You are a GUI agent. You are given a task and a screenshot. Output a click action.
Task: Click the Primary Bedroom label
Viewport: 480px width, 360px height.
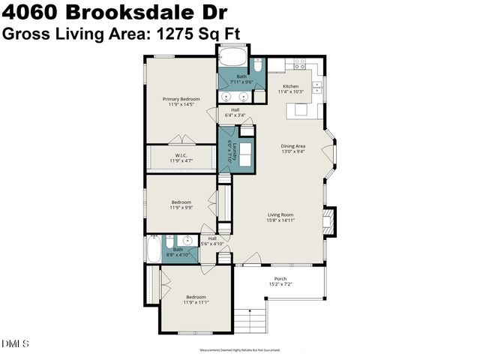point(181,99)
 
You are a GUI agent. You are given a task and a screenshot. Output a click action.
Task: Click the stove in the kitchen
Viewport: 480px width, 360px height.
point(300,64)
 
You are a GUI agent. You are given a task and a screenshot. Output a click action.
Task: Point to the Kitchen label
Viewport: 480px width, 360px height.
point(289,86)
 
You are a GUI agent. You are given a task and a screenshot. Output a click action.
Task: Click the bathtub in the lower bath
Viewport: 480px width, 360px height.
point(154,250)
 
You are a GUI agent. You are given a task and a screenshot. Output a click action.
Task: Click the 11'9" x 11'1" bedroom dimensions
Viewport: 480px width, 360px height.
point(196,301)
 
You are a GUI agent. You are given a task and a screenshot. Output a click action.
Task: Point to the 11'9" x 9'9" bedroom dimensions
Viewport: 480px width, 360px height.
point(181,207)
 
